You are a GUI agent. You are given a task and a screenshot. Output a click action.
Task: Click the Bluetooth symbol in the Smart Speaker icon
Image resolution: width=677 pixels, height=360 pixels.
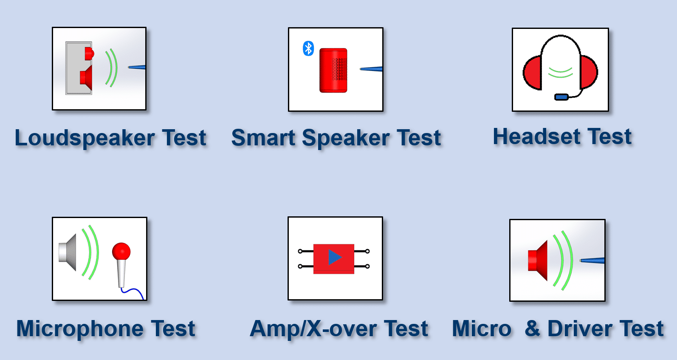308,48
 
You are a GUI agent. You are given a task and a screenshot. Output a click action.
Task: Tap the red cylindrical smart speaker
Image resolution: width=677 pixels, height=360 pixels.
333,70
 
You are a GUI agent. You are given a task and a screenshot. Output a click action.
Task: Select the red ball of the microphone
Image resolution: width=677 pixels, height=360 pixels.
121,251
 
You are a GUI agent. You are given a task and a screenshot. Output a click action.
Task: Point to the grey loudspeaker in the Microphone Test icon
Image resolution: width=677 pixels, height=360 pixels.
68,252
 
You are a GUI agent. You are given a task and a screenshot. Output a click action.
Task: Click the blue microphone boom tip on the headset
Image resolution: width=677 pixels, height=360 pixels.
561,97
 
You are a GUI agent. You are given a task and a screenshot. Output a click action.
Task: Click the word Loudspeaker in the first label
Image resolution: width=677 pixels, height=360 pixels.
85,138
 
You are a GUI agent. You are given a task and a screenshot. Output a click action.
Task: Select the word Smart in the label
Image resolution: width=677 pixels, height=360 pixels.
263,138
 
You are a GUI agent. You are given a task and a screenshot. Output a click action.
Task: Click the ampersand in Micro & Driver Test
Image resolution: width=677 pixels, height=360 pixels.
533,329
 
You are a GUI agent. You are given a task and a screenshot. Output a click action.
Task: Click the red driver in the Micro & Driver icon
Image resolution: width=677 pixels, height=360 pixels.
538,260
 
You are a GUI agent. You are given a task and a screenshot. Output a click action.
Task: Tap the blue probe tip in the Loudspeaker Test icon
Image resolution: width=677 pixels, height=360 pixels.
137,67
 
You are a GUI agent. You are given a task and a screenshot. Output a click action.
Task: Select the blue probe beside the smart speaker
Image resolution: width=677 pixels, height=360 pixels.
371,69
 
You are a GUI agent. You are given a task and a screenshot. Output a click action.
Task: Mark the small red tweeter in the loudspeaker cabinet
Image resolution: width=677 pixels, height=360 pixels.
89,54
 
